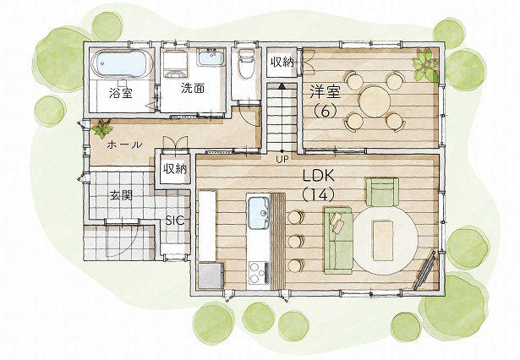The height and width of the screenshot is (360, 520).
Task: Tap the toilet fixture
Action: (246, 63)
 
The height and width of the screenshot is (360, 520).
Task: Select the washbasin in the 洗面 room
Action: (211, 57)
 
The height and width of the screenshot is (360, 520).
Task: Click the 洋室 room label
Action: (326, 91)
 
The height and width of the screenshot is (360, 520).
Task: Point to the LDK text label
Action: (319, 177)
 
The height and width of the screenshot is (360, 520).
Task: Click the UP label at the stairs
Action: (282, 159)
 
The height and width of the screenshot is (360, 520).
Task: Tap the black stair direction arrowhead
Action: (282, 86)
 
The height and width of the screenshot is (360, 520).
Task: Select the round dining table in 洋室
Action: (375, 100)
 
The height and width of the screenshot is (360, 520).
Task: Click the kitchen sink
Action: (259, 212)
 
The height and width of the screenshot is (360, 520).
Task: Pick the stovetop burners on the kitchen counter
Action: (259, 272)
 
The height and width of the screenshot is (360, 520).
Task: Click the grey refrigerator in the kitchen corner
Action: (211, 275)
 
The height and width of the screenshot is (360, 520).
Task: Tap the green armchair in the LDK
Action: (382, 192)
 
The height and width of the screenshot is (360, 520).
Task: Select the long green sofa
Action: (338, 240)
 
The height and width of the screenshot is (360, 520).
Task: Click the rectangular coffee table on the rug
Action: (383, 241)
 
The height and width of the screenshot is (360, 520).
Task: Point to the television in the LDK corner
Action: (424, 270)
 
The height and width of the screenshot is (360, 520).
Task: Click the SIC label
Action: (175, 221)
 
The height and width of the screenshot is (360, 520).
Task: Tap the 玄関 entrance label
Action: (121, 195)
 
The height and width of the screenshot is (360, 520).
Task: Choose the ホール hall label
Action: (124, 145)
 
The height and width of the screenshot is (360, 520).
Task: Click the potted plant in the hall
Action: (101, 128)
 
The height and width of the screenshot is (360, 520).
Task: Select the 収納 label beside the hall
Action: (174, 169)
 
